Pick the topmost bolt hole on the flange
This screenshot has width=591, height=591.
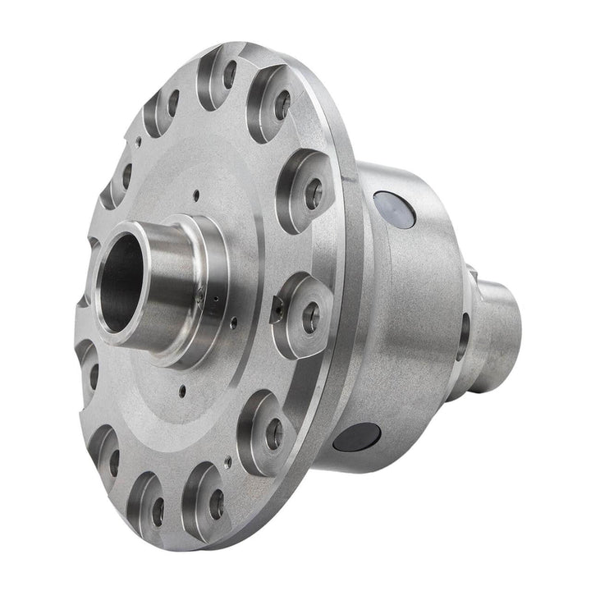pos(230,74)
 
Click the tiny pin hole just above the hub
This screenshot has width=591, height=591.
pos(196,195)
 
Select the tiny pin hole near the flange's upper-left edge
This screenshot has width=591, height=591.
pos(138,140)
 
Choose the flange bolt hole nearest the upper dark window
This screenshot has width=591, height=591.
pos(313,194)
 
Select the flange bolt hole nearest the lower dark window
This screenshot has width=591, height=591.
pos(274,433)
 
